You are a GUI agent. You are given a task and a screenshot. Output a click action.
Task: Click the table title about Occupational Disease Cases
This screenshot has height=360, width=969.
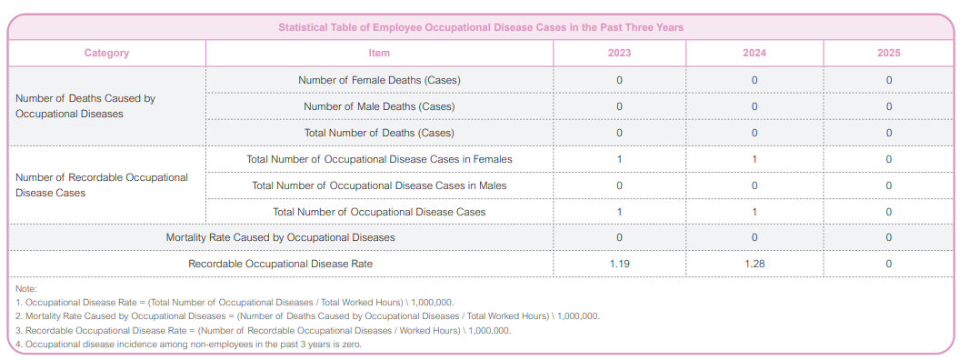click(480, 28)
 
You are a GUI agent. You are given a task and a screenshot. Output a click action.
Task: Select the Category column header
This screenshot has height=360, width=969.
click(107, 54)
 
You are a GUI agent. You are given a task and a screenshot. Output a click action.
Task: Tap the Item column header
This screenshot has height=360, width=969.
click(379, 54)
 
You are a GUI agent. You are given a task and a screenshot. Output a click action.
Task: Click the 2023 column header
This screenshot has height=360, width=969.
click(619, 54)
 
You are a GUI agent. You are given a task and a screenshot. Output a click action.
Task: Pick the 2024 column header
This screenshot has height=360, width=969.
click(754, 54)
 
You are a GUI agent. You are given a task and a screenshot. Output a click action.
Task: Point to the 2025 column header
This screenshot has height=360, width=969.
click(889, 54)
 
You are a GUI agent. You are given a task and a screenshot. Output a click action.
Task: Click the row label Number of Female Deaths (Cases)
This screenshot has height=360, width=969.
click(379, 80)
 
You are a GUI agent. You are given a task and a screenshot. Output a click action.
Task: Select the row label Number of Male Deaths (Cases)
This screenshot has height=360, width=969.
click(379, 106)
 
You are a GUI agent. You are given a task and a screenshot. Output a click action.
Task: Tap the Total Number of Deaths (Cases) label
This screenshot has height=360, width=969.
click(379, 133)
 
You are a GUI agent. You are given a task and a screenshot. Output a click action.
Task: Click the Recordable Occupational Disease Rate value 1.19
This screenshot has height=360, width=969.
click(619, 264)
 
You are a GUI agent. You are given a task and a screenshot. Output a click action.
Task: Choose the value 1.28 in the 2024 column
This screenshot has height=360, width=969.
click(754, 264)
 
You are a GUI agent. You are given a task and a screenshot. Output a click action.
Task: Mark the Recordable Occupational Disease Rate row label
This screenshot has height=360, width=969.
click(281, 264)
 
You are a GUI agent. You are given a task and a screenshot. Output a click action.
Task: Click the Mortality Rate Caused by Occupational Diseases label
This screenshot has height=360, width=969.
click(281, 237)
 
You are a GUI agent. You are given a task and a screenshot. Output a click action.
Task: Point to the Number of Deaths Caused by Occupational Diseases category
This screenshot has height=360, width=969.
click(85, 105)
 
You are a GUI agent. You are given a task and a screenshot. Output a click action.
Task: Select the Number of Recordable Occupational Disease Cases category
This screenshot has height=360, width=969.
click(101, 185)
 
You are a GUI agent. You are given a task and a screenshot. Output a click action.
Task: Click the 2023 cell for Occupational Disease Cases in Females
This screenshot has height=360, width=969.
click(619, 160)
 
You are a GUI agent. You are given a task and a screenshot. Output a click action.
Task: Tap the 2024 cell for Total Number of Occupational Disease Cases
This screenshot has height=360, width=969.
click(754, 212)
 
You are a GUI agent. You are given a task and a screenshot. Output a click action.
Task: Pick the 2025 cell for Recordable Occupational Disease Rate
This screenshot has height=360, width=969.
click(889, 264)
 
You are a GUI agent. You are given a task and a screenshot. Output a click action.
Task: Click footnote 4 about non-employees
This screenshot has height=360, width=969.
click(188, 344)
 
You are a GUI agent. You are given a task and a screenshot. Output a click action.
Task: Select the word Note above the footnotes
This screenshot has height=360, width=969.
click(26, 289)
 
